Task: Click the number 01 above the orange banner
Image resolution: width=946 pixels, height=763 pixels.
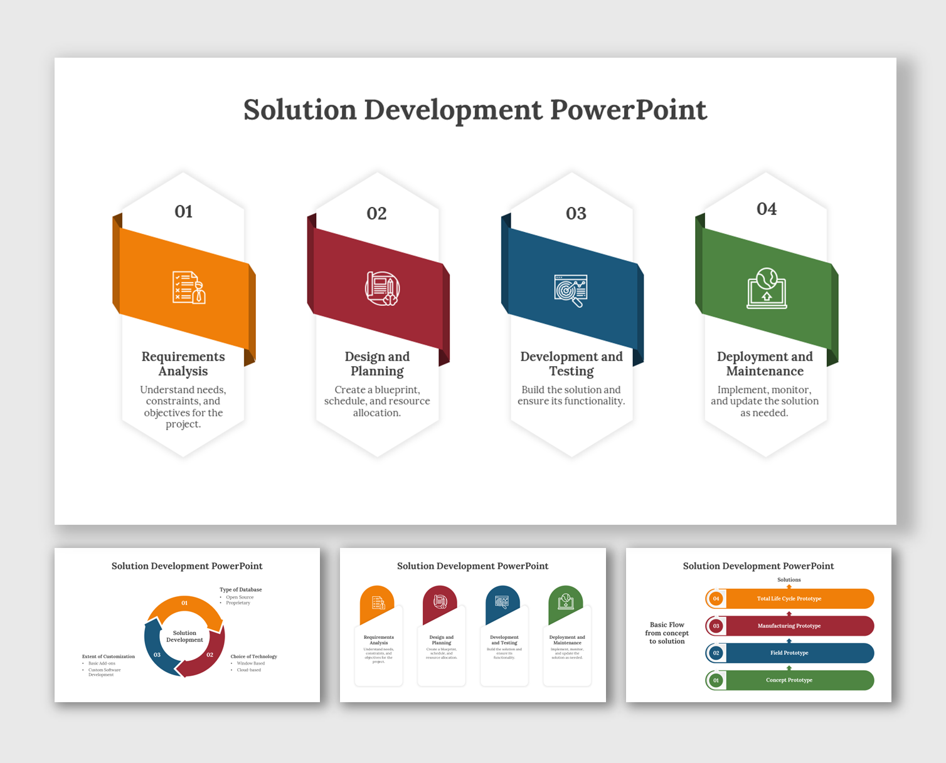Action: pos(183,211)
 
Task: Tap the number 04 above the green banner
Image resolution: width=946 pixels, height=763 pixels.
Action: pos(766,209)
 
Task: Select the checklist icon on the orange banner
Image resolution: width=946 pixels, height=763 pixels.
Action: pos(189,288)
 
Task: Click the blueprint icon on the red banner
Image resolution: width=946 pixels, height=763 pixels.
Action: pos(382,288)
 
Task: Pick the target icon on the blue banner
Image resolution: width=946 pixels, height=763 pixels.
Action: pos(571,290)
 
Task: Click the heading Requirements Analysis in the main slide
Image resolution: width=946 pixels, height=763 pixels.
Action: pos(183,364)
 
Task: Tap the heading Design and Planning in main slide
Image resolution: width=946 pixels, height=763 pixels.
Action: pos(377,364)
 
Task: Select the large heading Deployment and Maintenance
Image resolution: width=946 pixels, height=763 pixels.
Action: pos(765,364)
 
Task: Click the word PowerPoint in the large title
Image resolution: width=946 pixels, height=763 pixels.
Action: pos(629,110)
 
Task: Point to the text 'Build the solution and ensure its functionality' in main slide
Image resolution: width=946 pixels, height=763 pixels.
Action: pos(571,395)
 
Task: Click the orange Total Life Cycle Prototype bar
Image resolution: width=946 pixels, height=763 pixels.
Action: pos(789,599)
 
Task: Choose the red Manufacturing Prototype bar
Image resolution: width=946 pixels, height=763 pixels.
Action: pos(789,626)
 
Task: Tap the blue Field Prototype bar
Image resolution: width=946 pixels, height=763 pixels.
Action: pos(789,653)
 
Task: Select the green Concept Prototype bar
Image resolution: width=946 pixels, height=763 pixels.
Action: pos(789,680)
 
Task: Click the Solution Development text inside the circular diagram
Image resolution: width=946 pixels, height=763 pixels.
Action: pos(184,636)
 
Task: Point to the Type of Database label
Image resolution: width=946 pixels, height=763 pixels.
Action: pos(241,589)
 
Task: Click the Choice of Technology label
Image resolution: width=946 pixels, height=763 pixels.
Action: pos(253,656)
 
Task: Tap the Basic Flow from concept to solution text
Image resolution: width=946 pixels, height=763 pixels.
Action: pos(667,633)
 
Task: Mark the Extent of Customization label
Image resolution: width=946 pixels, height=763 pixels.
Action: pos(109,656)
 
